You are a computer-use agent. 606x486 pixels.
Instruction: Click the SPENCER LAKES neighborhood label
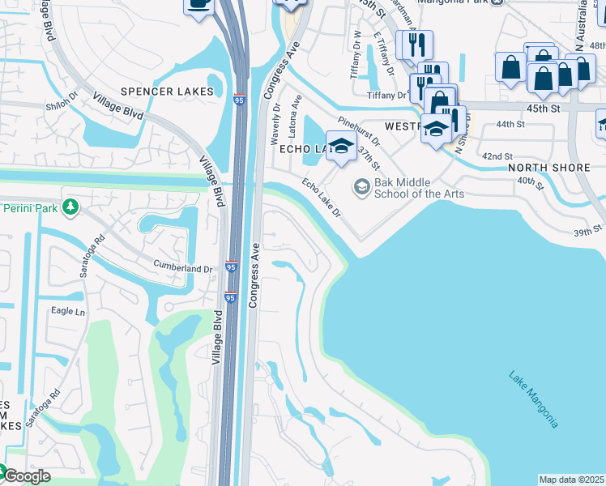click(x=168, y=92)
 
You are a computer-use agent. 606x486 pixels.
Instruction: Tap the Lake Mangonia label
click(x=533, y=399)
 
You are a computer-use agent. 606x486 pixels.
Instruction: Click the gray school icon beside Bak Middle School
click(x=361, y=188)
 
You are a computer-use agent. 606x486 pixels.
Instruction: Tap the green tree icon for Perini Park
click(x=71, y=208)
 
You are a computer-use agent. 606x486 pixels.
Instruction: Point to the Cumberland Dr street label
click(x=184, y=266)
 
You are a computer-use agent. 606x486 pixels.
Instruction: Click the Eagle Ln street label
click(x=68, y=311)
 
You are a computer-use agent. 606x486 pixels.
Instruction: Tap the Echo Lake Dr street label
click(x=322, y=198)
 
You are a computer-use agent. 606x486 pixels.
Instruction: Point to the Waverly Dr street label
click(x=277, y=124)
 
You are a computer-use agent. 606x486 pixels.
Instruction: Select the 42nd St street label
click(x=497, y=156)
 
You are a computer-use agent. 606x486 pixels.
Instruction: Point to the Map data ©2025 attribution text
click(x=572, y=480)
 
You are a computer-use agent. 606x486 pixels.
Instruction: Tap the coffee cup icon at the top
click(x=198, y=4)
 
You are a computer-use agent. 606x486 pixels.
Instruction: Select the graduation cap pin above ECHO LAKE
click(x=341, y=146)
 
